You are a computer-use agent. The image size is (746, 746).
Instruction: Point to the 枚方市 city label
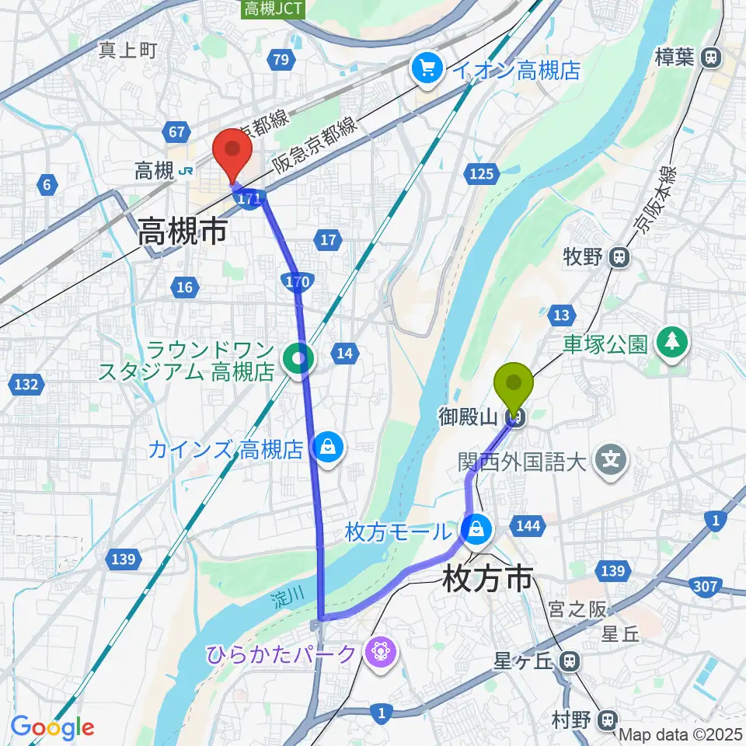489,578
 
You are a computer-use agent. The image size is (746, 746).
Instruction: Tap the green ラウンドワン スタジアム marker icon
298,358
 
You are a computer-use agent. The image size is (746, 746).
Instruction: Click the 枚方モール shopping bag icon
474,532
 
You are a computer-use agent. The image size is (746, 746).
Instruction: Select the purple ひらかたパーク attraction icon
381,651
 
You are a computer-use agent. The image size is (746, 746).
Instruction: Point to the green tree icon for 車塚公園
672,343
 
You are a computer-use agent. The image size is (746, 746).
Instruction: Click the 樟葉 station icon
710,56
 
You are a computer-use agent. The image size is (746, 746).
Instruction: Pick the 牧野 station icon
619,256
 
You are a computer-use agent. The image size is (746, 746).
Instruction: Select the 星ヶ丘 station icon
570,662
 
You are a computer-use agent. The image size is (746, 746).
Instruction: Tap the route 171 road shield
249,200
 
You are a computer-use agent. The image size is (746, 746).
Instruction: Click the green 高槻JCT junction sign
265,9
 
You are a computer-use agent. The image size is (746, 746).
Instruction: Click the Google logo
53,727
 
